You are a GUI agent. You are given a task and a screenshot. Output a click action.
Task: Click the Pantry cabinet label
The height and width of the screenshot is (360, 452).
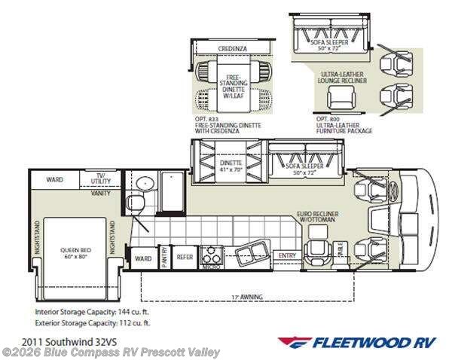point(163,257)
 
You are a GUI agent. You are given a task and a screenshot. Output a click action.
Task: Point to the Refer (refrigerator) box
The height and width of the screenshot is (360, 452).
point(185,257)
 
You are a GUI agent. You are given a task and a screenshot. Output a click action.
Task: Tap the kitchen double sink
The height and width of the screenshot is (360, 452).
point(249,252)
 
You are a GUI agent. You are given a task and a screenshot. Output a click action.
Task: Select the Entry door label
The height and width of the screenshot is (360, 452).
point(286,256)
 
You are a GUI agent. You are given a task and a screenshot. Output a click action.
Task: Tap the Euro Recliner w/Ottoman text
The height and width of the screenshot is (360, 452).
point(319,217)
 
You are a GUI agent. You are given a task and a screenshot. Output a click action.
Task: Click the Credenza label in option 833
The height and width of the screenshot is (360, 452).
point(233,48)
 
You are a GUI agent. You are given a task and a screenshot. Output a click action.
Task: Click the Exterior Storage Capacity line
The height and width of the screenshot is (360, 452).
point(87,322)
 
